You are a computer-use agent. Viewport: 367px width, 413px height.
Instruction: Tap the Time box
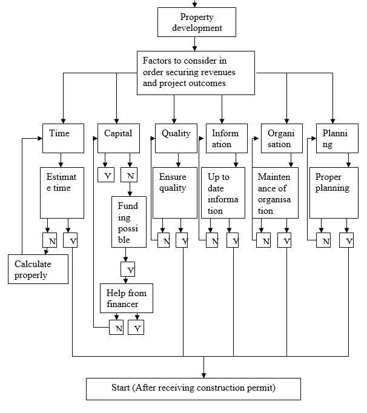[64, 138]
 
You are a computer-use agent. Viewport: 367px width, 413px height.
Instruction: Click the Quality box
[176, 138]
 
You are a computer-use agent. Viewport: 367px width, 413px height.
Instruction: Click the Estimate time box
[62, 193]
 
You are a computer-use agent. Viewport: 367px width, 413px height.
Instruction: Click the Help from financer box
[127, 298]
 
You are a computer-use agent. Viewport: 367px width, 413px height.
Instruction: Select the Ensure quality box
[176, 193]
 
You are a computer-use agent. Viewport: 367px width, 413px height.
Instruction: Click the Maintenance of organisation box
[276, 193]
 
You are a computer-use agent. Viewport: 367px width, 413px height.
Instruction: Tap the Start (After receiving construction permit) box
[193, 388]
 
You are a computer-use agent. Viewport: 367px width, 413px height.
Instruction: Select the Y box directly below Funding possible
[128, 269]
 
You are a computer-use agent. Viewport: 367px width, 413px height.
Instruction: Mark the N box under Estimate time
[51, 240]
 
